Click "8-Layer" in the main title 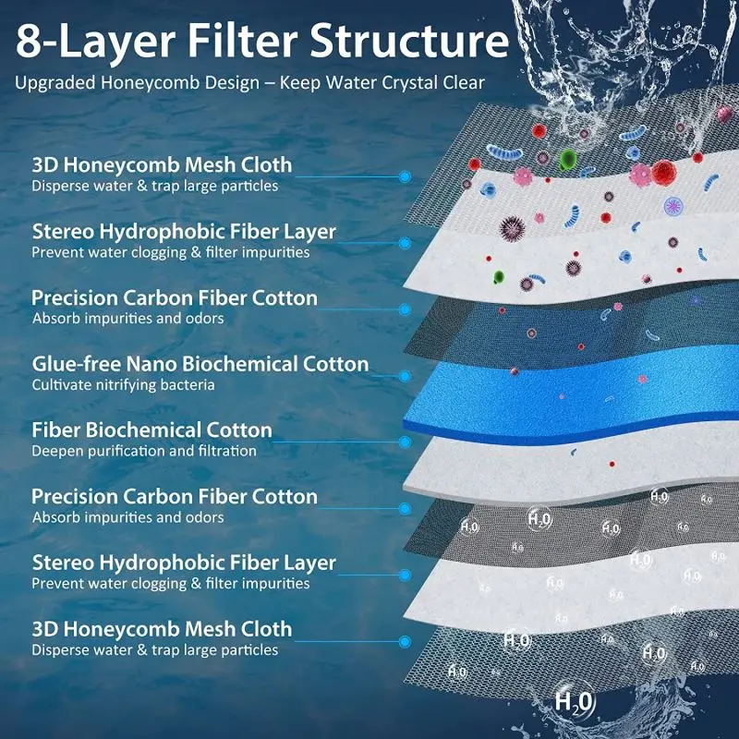[x=89, y=41]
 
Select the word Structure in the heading [x=408, y=41]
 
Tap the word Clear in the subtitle [x=460, y=82]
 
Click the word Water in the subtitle [x=328, y=82]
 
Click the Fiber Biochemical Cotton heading [x=152, y=430]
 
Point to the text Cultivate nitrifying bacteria [x=123, y=384]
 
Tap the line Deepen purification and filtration [x=144, y=451]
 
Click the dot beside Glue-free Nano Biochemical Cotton [x=405, y=376]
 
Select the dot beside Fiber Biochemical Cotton [x=405, y=442]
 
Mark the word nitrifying [x=126, y=384]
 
